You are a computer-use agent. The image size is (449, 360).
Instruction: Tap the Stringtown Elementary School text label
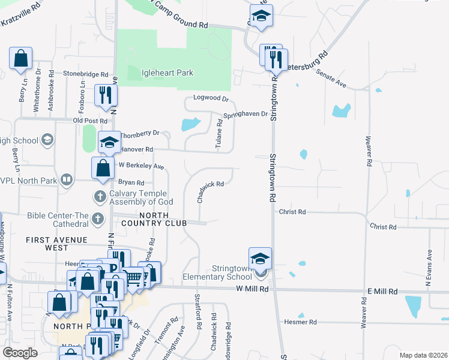[214, 272]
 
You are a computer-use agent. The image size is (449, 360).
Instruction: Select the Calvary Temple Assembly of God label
[140, 198]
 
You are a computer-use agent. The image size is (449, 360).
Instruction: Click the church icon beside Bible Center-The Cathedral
[98, 220]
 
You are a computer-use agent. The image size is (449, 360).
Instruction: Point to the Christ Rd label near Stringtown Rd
[293, 212]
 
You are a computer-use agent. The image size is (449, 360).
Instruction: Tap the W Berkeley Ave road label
[141, 166]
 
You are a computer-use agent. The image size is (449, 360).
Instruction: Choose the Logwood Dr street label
[211, 98]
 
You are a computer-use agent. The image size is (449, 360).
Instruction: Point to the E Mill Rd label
[382, 291]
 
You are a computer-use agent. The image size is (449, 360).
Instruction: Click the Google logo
[20, 352]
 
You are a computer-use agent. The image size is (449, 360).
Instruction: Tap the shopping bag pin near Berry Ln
[21, 59]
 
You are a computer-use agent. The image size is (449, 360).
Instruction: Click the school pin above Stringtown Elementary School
[260, 259]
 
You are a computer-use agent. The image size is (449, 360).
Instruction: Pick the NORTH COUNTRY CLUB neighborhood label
[163, 219]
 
